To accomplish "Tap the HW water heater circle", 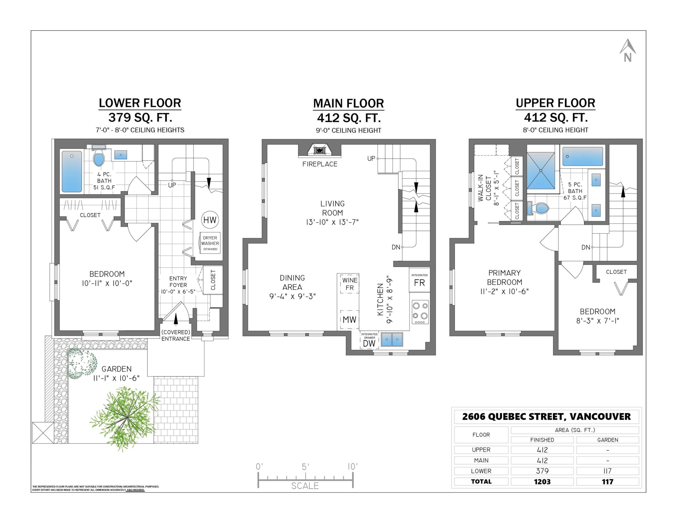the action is pos(210,220).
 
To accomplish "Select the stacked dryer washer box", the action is pos(210,243).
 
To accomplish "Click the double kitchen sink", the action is pos(392,340).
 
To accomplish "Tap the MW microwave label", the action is pos(349,320).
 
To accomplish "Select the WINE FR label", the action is pos(350,284).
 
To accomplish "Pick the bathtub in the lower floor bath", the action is pos(72,171).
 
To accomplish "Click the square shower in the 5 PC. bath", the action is pos(541,171).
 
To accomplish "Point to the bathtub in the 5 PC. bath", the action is pos(583,156).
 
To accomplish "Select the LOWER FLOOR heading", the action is pos(140,103).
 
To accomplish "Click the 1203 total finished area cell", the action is pos(542,482).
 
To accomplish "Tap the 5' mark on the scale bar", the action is pos(305,467).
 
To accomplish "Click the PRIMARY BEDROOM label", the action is pos(505,277).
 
